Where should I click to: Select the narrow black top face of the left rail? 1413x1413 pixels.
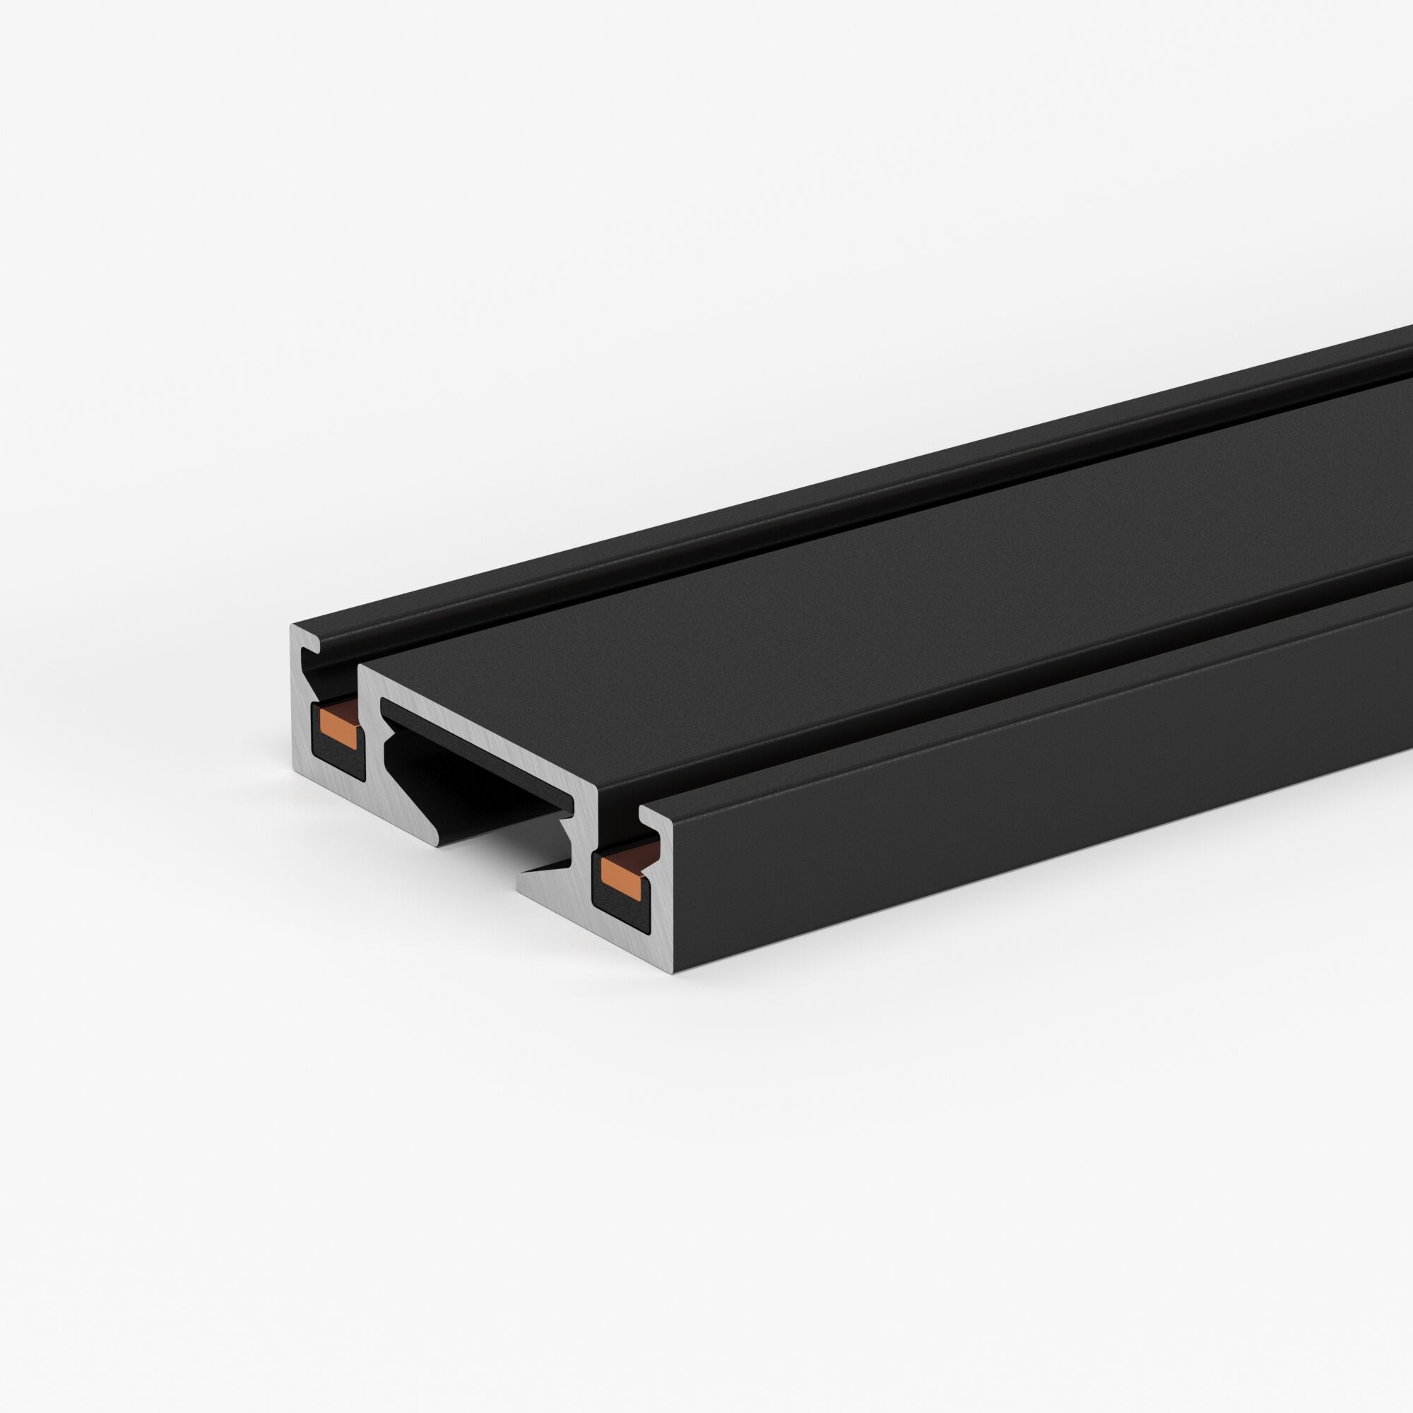pos(658,512)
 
